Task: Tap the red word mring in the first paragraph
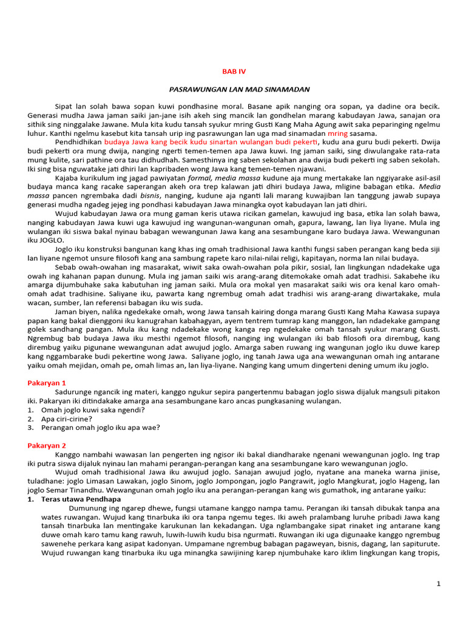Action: (337, 133)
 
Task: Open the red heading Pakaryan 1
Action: (47, 383)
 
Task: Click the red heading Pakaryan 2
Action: (47, 446)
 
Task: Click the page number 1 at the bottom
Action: (439, 583)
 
